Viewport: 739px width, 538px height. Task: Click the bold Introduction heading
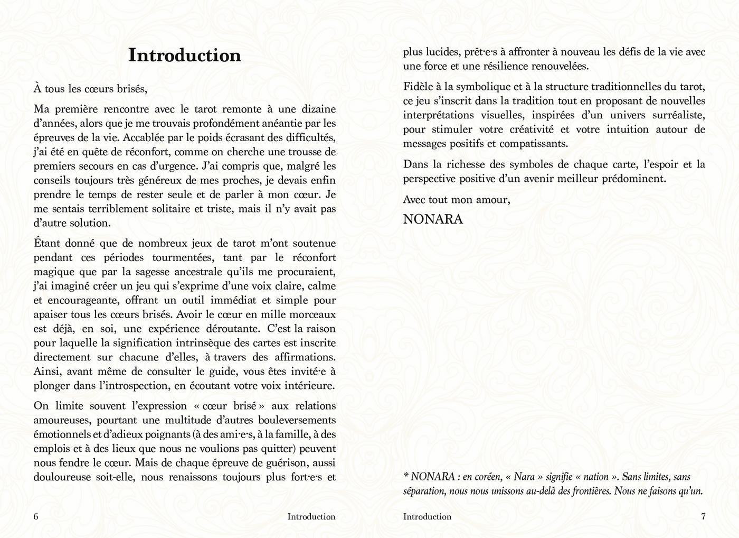click(185, 55)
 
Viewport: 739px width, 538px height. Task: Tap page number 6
click(36, 517)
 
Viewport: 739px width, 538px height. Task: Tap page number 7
click(703, 517)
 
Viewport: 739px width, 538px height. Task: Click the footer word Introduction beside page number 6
click(311, 517)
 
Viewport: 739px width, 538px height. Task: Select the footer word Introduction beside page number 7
click(427, 517)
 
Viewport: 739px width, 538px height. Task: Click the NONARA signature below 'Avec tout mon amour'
click(433, 219)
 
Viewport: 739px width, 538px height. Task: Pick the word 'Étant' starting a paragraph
click(47, 244)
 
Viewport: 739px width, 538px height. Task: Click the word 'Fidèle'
click(420, 87)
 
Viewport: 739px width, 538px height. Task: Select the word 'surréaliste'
click(674, 115)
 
